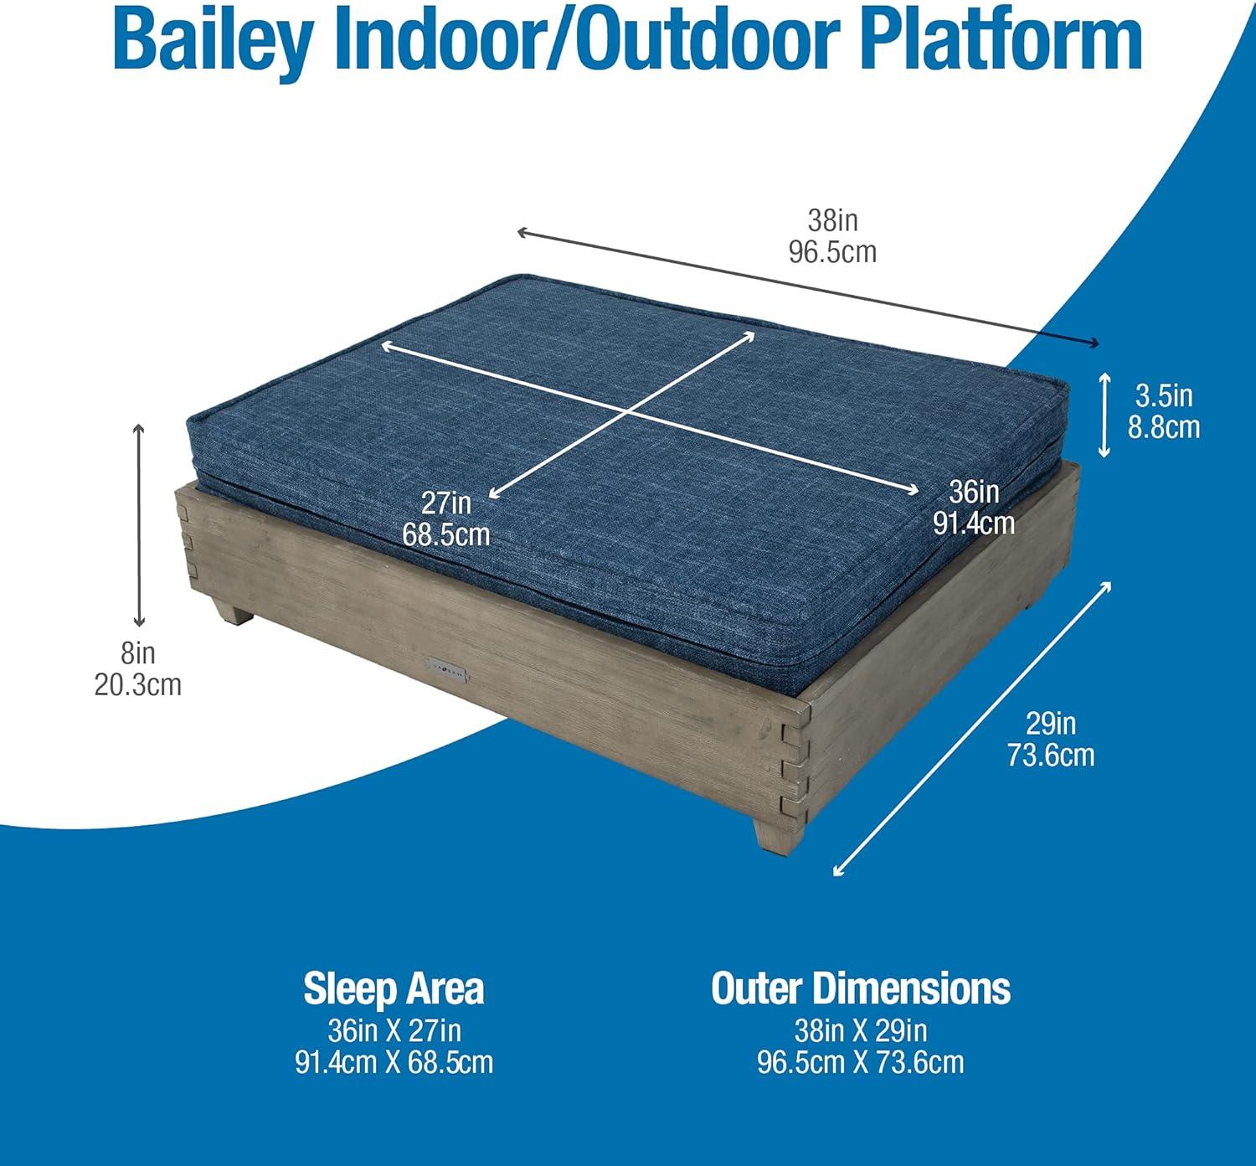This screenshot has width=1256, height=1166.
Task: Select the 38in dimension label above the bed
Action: coord(832,221)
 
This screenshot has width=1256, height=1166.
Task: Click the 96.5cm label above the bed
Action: coord(832,252)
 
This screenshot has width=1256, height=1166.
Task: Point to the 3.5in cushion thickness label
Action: coord(1164,397)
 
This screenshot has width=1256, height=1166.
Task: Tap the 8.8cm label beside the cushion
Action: coord(1164,428)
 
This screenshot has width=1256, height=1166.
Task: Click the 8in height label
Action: coord(138,653)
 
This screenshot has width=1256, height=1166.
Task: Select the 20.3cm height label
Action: coord(138,684)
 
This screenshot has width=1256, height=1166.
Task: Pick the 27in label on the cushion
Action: coord(446,503)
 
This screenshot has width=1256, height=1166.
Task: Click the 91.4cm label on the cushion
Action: coord(974,524)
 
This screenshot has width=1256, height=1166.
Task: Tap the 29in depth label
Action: coord(1051,724)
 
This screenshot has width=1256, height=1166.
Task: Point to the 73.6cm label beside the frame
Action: coord(1051,755)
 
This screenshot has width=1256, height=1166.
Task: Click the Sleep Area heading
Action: coord(394,989)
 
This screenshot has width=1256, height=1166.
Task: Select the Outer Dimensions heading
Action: coord(861,988)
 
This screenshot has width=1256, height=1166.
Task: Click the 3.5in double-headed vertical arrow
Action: coord(1104,415)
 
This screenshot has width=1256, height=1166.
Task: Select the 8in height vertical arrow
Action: coord(138,525)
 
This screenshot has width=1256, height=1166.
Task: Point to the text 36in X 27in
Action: coord(394,1031)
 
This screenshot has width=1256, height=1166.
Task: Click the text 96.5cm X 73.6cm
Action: coord(861,1062)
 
